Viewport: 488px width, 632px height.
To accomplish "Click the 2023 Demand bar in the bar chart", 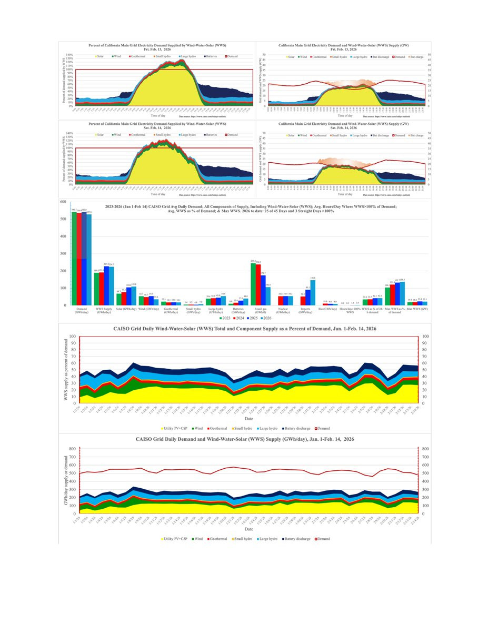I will pyautogui.click(x=74, y=258).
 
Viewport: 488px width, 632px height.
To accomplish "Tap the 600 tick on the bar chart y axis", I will pyautogui.click(x=63, y=202).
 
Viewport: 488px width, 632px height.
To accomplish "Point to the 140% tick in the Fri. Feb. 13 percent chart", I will pyautogui.click(x=69, y=54).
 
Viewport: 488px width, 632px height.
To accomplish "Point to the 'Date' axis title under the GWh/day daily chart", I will pyautogui.click(x=248, y=528).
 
